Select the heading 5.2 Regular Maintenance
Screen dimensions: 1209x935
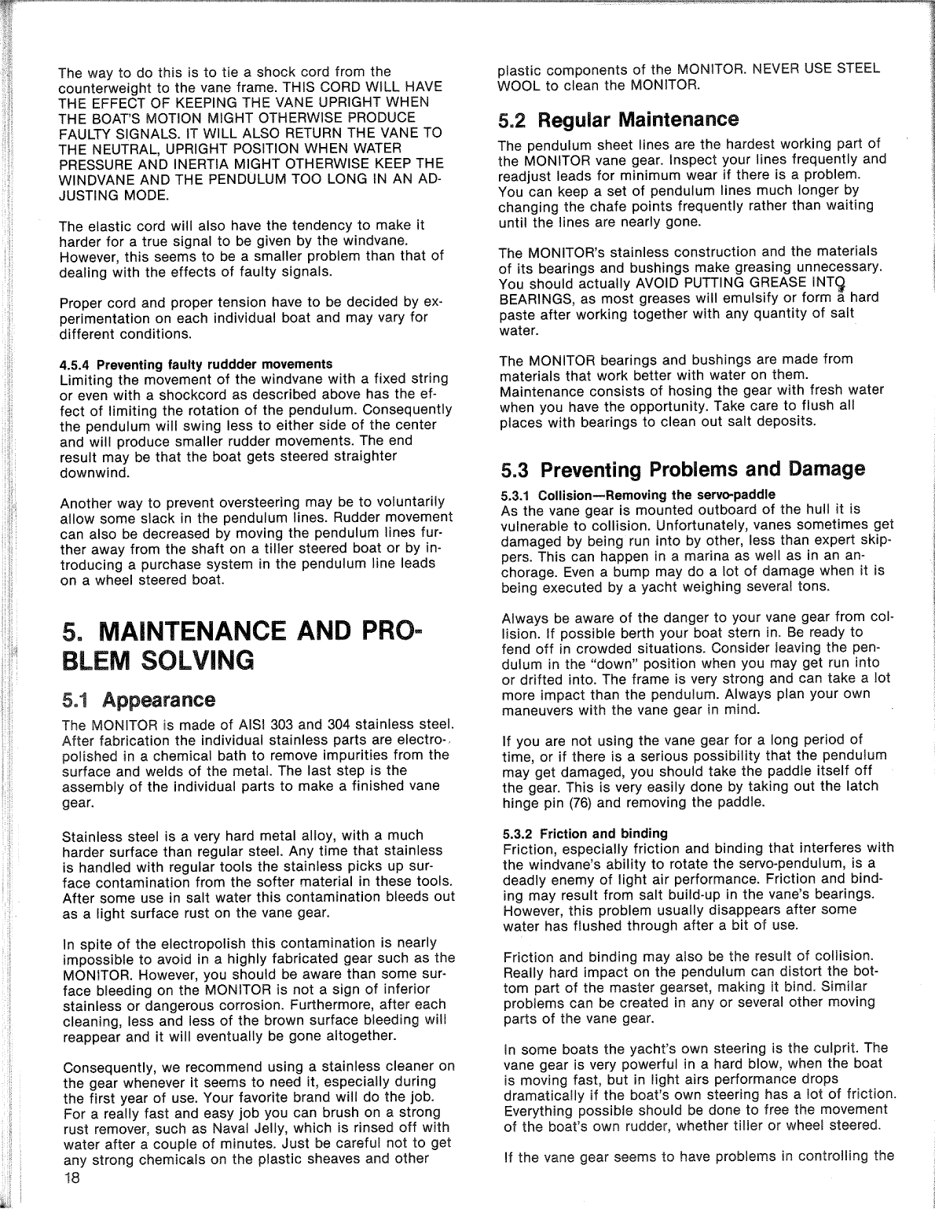[618, 120]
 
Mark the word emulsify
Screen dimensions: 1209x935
[747, 299]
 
